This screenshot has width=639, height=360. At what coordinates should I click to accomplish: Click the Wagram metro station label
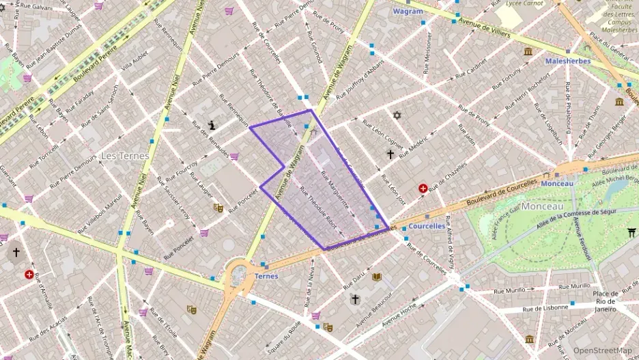[x=408, y=11]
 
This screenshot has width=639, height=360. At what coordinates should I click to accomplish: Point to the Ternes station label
[x=266, y=276]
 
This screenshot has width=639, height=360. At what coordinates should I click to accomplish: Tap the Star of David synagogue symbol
[x=395, y=115]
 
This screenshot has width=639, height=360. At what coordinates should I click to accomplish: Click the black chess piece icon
[x=214, y=125]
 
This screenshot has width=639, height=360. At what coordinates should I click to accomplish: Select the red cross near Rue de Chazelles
[x=423, y=188]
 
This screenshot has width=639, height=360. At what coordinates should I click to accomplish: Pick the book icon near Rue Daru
[x=376, y=277]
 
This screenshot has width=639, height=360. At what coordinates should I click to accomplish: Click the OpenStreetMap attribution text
[x=602, y=351]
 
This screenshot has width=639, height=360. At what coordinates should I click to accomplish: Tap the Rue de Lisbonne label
[x=544, y=309]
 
